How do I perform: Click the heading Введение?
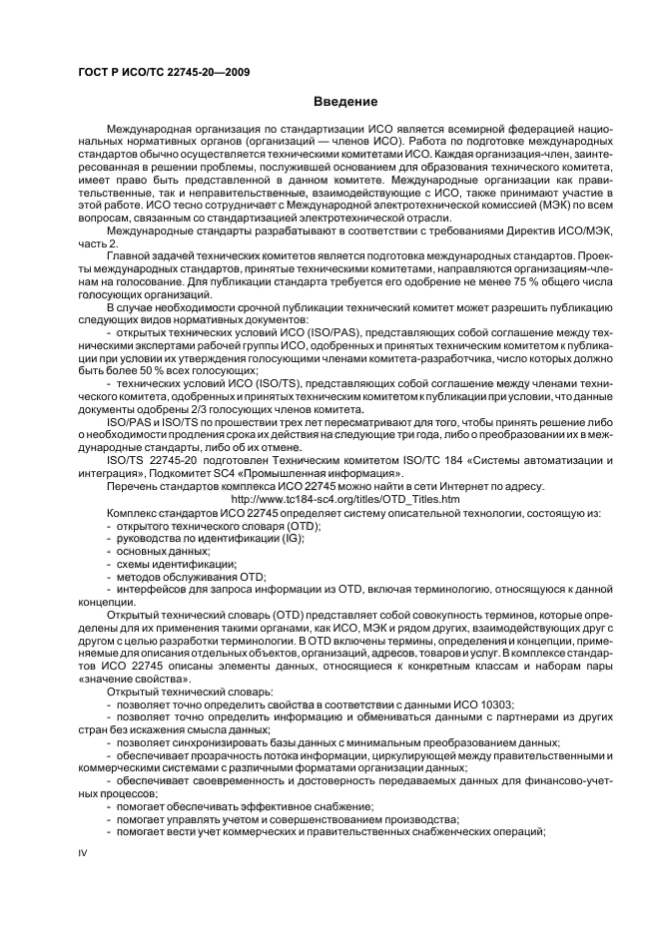coord(345,102)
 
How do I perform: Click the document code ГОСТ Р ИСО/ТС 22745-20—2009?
coord(164,73)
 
